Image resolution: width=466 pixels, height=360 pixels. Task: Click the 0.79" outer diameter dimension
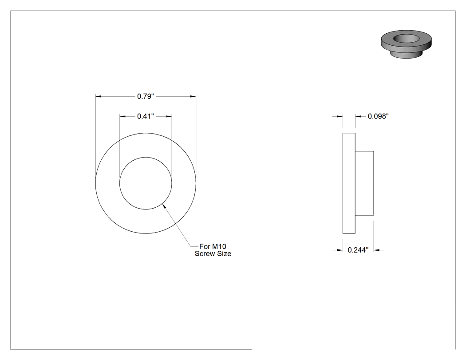tap(146, 96)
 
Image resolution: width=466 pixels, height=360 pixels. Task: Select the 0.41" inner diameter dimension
tap(146, 116)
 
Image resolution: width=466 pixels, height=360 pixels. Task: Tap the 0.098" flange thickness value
tap(378, 116)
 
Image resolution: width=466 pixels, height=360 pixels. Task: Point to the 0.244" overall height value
tap(358, 250)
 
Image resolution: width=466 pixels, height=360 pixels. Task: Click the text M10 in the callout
tap(219, 246)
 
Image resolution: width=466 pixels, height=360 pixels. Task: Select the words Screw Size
tap(213, 253)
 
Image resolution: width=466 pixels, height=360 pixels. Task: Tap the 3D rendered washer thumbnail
tap(406, 44)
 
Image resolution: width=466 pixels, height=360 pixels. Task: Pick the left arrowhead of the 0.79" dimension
tap(99, 96)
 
